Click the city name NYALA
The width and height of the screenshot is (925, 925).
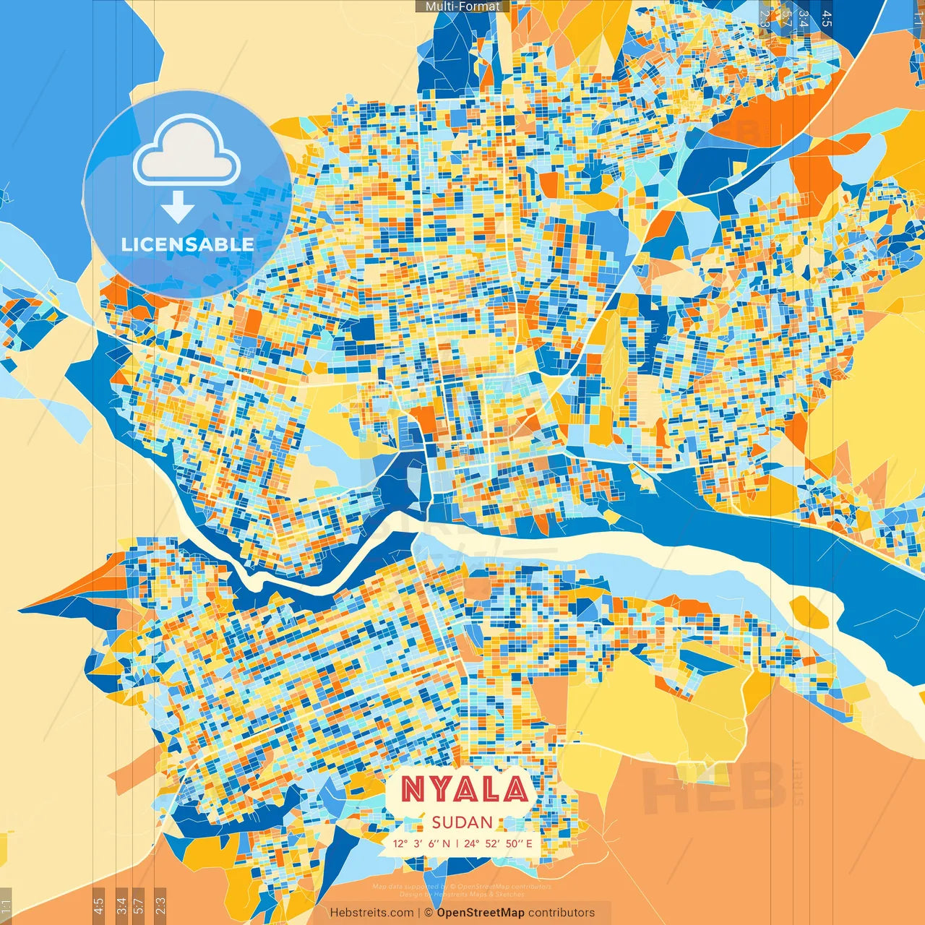click(464, 789)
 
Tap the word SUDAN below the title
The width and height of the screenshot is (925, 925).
click(462, 822)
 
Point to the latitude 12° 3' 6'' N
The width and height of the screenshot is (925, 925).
click(421, 843)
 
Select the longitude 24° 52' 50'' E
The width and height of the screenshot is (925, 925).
click(498, 843)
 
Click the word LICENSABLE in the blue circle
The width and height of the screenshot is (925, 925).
click(188, 244)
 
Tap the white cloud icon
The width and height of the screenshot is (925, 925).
click(187, 150)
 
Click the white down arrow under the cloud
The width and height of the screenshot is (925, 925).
click(177, 207)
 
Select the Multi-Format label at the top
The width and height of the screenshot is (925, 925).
click(462, 7)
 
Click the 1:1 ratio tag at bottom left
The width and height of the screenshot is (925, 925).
click(6, 905)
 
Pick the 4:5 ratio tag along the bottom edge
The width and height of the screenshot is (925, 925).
click(99, 905)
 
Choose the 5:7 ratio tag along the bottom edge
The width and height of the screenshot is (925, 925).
click(139, 905)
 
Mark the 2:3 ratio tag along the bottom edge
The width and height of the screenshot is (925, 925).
click(160, 905)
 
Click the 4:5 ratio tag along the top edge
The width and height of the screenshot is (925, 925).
click(826, 18)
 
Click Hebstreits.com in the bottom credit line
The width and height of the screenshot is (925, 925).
click(371, 913)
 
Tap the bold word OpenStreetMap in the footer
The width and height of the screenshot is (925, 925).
click(481, 913)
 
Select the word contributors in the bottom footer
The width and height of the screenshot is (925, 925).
click(562, 913)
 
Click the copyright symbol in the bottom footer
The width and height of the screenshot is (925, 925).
click(429, 913)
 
